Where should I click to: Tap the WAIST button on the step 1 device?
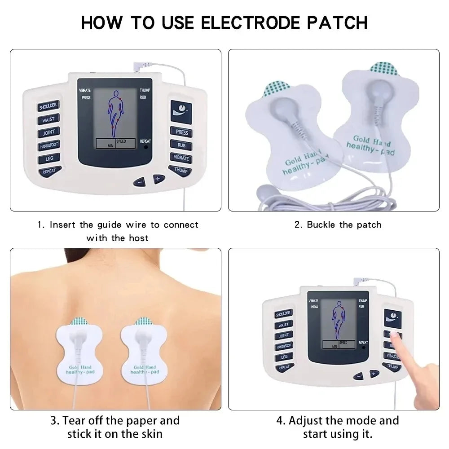[x=48, y=120]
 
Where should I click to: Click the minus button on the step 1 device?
[x=140, y=182]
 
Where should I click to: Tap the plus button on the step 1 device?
[x=158, y=178]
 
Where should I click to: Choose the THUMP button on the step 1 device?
[x=180, y=171]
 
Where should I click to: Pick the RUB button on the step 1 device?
[x=181, y=145]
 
